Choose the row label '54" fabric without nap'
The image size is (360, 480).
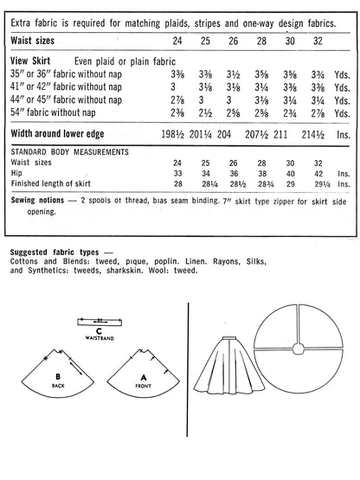click(59, 112)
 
